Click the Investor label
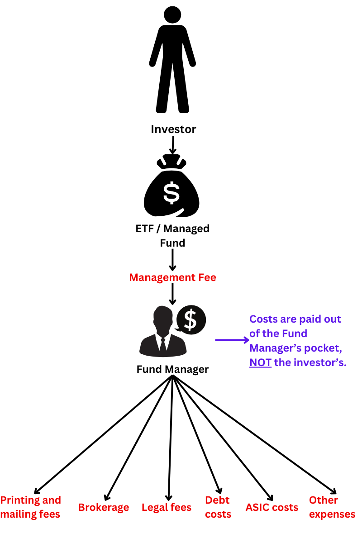[173, 129]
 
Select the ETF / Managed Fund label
[173, 236]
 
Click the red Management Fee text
[173, 277]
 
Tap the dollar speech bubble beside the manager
[191, 319]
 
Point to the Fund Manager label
[172, 369]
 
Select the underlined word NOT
[260, 362]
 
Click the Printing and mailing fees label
[31, 507]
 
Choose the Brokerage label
[104, 507]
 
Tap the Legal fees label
[167, 507]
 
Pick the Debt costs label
[218, 507]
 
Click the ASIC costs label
[272, 507]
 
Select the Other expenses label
[332, 507]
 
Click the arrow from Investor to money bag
[172, 145]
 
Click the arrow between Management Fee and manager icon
[172, 295]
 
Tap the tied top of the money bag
[172, 161]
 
